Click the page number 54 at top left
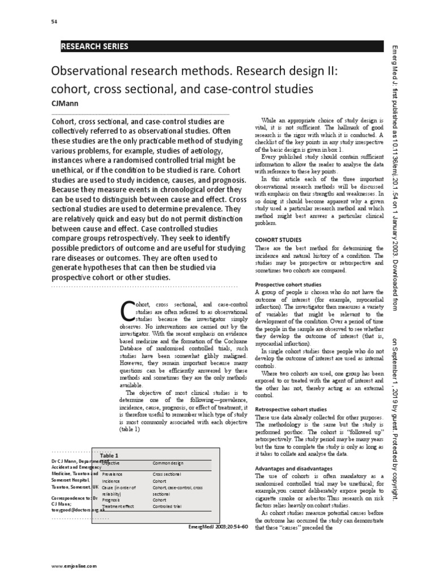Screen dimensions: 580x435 point(54,21)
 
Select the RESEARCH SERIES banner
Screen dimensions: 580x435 point(95,46)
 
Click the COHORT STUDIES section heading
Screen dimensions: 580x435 point(278,240)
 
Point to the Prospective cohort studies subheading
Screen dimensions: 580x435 point(288,284)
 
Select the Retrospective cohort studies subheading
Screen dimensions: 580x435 point(291,408)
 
